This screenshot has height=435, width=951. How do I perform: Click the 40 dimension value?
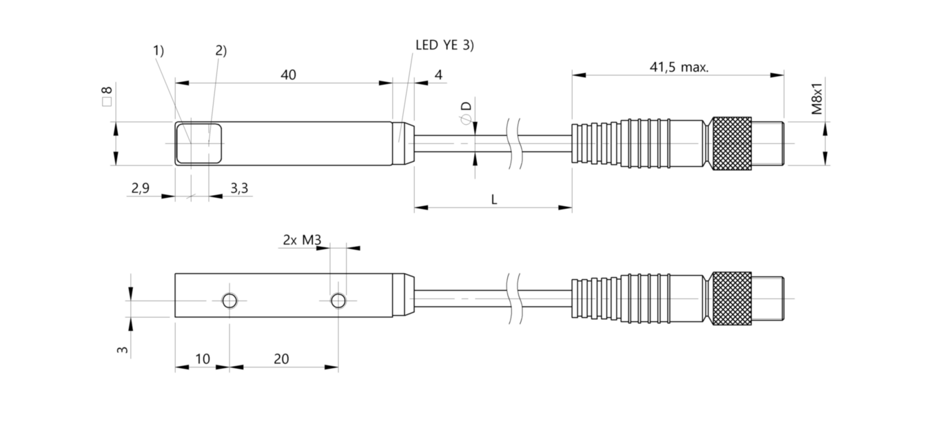pos(288,74)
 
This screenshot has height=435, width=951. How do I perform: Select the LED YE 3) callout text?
pos(444,45)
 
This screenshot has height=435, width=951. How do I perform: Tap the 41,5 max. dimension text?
pos(679,67)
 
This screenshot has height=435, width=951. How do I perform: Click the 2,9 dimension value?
pos(140,188)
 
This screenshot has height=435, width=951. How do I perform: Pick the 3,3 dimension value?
pos(239,188)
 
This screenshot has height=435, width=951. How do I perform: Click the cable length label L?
pos(494,199)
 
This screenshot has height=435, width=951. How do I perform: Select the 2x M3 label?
pos(302,240)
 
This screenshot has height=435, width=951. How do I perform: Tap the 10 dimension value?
pos(203,359)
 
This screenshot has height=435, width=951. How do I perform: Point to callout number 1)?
pos(158,50)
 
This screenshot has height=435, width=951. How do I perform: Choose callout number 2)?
pos(221,50)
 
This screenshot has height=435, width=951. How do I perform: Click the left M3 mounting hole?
pos(229,301)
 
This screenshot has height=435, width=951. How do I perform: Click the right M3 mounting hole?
pos(338,301)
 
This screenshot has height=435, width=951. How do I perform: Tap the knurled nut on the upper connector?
pos(731,143)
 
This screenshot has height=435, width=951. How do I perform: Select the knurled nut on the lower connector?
pos(731,299)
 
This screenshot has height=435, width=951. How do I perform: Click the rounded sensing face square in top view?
pos(198,143)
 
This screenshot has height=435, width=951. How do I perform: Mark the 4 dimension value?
pos(439,74)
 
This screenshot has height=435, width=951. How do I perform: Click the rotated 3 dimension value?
pos(122,350)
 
